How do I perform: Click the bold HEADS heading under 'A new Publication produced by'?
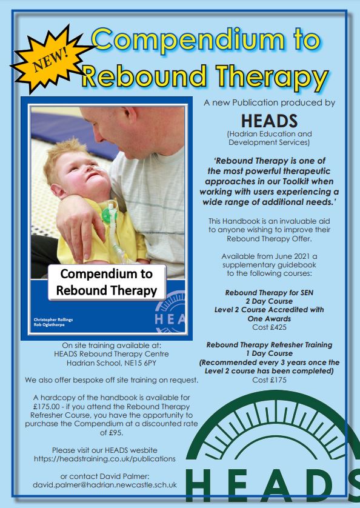(270, 119)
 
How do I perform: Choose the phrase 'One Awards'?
(270, 318)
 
